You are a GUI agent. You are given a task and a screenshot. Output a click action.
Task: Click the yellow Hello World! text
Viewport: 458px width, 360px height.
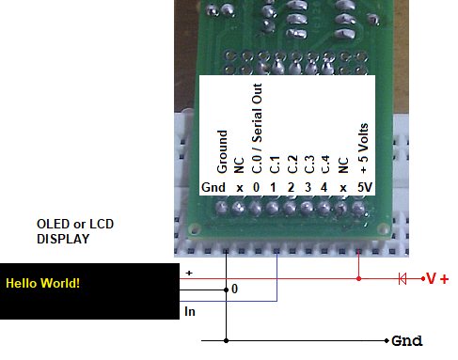(44, 282)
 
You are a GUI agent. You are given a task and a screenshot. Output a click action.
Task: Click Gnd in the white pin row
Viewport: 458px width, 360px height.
(213, 187)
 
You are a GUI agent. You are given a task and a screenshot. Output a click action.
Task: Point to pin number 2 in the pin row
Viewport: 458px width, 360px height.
(292, 187)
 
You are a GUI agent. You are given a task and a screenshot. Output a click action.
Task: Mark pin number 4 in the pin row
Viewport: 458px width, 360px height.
(325, 187)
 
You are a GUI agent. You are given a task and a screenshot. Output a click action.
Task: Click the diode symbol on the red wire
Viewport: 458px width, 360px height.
(403, 279)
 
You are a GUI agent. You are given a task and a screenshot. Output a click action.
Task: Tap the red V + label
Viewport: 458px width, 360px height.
(437, 279)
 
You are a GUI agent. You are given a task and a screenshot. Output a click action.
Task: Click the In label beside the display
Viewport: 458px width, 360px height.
(190, 310)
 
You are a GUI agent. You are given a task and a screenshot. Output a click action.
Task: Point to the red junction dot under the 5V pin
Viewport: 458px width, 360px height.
(359, 279)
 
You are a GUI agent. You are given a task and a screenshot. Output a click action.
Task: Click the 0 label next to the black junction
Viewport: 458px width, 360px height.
(235, 290)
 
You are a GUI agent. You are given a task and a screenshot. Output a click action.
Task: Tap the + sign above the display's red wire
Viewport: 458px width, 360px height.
(190, 273)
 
